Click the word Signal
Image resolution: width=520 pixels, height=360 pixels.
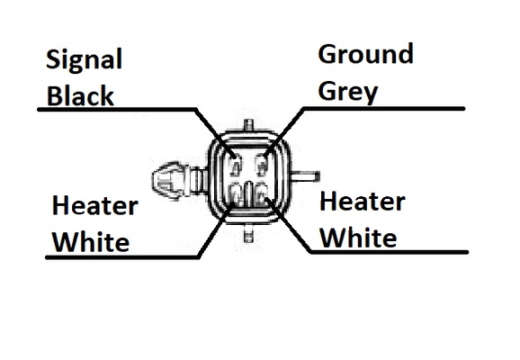tap(85, 59)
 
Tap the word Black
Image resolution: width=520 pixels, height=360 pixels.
tap(80, 95)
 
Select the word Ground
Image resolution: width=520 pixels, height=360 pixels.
tap(365, 54)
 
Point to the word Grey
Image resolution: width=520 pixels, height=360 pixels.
tap(348, 92)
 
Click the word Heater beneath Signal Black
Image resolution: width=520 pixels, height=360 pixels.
tap(94, 205)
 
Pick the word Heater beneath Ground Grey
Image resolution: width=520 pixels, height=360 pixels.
tap(363, 202)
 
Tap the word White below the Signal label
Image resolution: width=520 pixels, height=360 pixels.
tap(91, 242)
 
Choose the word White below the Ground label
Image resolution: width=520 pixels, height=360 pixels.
tap(358, 238)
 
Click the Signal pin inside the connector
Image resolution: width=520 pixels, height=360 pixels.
tap(236, 165)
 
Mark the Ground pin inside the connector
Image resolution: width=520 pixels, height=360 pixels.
tap(262, 165)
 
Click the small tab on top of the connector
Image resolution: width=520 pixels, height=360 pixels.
tap(248, 125)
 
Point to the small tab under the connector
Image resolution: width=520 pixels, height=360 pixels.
tap(248, 235)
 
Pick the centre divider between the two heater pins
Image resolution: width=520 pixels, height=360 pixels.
tap(248, 193)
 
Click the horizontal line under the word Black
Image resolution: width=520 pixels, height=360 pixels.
tap(117, 109)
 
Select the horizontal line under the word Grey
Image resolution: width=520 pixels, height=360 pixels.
tap(384, 109)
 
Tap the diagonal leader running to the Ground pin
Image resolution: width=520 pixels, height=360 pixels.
tap(284, 131)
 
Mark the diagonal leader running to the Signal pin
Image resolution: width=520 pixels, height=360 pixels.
tap(216, 132)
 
